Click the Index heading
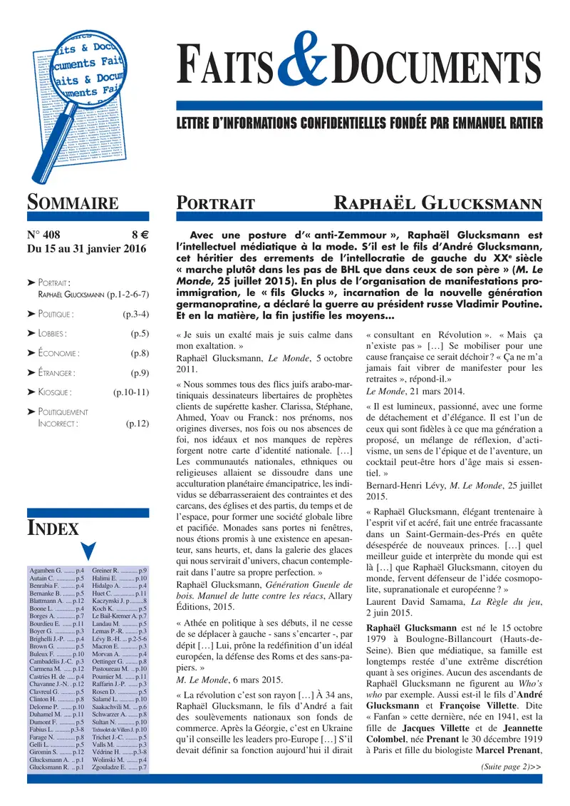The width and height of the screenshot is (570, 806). click(53, 528)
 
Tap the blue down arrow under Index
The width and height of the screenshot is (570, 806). click(87, 551)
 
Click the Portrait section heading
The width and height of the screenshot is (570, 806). click(216, 204)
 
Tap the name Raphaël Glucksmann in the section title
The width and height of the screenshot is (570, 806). click(438, 203)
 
